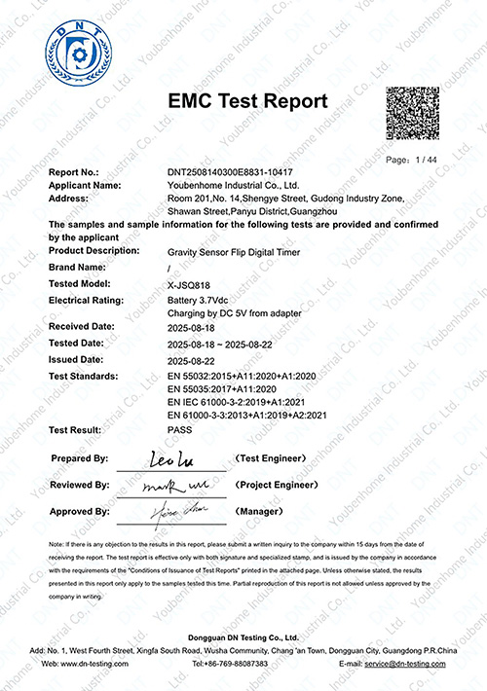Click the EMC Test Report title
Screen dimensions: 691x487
pos(248,101)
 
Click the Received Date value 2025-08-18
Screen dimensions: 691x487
pos(193,328)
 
